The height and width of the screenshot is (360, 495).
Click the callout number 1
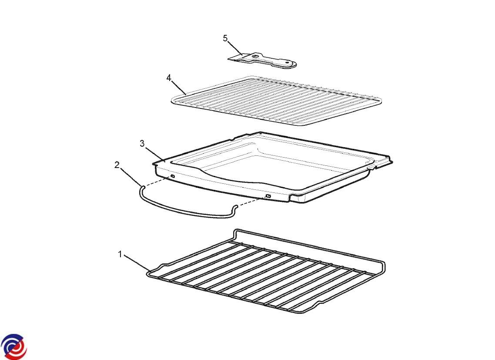pyautogui.click(x=120, y=254)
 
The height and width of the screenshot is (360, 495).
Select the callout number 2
pyautogui.click(x=117, y=165)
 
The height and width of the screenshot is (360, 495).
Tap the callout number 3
pyautogui.click(x=142, y=144)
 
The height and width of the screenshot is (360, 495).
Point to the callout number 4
pyautogui.click(x=169, y=78)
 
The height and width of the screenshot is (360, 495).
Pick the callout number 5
pyautogui.click(x=225, y=38)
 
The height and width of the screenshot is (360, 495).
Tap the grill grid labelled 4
pyautogui.click(x=277, y=101)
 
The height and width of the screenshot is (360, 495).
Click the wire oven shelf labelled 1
pyautogui.click(x=266, y=271)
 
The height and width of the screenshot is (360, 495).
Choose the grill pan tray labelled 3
pyautogui.click(x=274, y=168)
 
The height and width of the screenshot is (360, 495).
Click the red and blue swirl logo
pyautogui.click(x=13, y=347)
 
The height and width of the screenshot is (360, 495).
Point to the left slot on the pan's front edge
pyautogui.click(x=173, y=176)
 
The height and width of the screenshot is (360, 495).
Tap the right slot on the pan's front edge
pyautogui.click(x=268, y=196)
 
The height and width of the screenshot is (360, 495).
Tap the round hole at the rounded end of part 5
pyautogui.click(x=288, y=63)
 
